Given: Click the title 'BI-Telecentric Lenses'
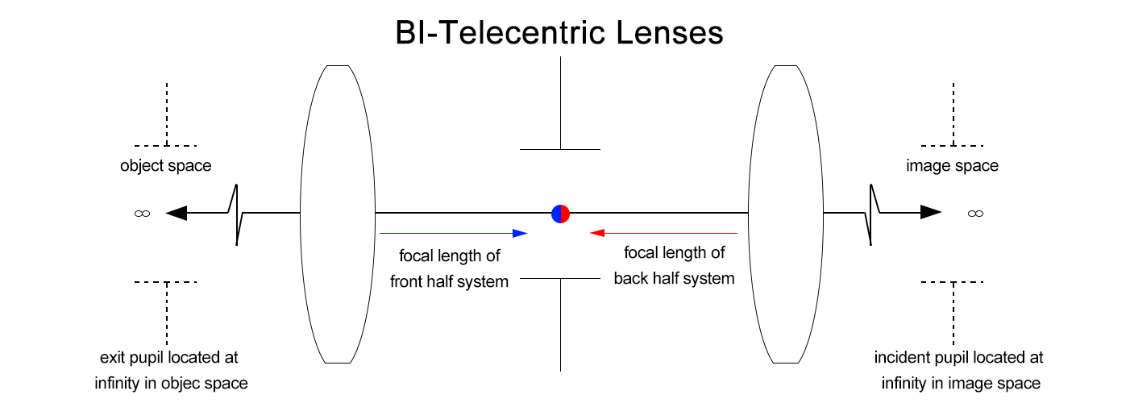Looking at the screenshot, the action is [x=559, y=33].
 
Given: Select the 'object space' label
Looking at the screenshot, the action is [x=165, y=166].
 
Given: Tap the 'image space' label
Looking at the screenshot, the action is [x=952, y=166].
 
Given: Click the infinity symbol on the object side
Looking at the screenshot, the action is [x=143, y=214].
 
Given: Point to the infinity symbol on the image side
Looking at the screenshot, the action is [x=975, y=214].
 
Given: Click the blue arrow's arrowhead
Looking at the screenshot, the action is [x=520, y=233].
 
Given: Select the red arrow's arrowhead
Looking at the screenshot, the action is [x=597, y=233].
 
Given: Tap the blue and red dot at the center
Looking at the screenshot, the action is [x=560, y=214].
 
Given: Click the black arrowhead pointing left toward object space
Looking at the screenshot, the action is [x=176, y=213].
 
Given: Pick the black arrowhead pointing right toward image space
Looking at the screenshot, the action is [x=931, y=212].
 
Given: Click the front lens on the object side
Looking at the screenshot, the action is [x=338, y=214].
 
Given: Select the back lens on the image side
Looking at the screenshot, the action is [x=786, y=214].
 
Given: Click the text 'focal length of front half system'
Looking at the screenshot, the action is [x=449, y=269].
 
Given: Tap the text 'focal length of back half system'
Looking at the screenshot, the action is [x=674, y=266].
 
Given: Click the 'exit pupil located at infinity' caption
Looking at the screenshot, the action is [x=171, y=370].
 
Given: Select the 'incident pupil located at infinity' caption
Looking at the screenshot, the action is [x=959, y=370].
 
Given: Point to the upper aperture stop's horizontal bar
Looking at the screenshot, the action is [x=560, y=149].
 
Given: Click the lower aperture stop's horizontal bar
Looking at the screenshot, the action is [x=560, y=278].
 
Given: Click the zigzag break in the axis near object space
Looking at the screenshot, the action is [x=237, y=214].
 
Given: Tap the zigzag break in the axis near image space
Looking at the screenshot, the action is [x=871, y=214].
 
